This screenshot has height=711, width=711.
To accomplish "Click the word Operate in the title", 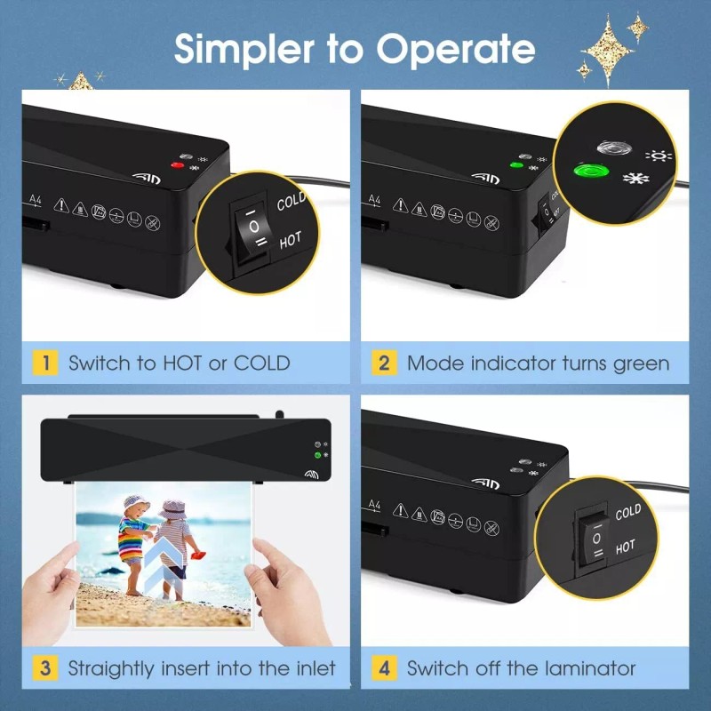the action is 455,49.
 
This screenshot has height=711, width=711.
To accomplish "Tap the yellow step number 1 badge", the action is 45,363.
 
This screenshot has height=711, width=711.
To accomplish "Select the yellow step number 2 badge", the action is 384,363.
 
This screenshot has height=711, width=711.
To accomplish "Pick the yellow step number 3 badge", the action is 45,668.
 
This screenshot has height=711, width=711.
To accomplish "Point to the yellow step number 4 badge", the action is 384,668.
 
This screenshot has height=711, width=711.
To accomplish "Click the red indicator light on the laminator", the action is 177,165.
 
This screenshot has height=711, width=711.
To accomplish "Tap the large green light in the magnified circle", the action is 591,172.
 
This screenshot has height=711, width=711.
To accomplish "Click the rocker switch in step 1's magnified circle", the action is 252,232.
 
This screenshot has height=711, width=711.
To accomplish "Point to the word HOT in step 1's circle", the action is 291,240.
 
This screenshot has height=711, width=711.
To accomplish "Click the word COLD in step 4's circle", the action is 628,513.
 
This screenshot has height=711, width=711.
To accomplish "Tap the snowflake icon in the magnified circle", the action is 635,178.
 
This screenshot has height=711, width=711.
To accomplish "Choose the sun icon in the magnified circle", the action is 659,156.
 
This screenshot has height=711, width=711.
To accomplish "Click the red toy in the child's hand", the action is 198,555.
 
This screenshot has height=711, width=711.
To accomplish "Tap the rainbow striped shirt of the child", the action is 131,539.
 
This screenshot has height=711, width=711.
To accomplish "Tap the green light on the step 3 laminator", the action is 318,455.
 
